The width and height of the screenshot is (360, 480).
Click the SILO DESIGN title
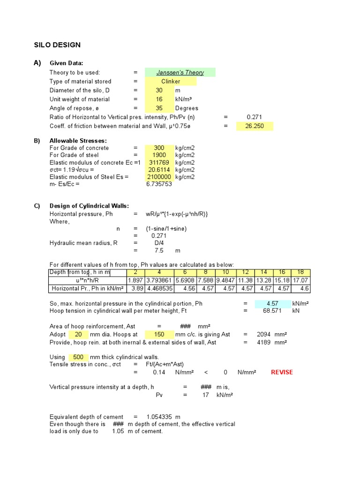pos(57,45)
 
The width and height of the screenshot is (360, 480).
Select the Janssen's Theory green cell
pos(180,72)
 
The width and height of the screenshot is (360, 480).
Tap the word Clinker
pos(171,81)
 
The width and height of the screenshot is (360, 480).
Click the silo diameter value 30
pos(159,90)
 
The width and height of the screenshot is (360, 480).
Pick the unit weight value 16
pos(159,99)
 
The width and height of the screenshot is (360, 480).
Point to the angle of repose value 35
pos(159,108)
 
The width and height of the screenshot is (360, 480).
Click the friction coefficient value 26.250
pos(255,126)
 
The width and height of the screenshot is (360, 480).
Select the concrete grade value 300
pos(159,148)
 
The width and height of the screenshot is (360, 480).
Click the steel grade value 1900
pos(159,155)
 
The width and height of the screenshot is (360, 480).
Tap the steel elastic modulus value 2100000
pos(159,177)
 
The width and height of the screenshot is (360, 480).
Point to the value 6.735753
pos(159,184)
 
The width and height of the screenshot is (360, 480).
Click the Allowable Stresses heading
pos(78,141)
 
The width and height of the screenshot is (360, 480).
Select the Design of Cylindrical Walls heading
pos(89,206)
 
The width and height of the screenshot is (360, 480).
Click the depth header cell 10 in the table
pos(225,272)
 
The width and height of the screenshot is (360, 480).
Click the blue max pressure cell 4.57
pos(272,303)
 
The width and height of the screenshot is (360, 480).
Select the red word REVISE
pos(282,372)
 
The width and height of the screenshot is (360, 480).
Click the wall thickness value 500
pos(78,357)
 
